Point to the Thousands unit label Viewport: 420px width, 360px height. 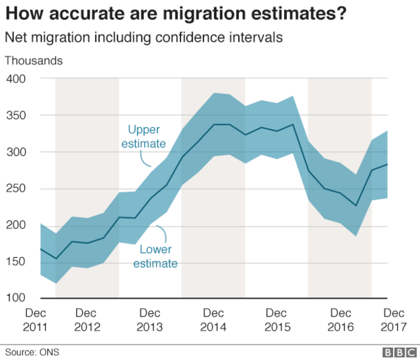(34, 61)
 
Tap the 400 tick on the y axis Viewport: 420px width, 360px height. (15, 79)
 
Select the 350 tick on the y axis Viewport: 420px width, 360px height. (15, 115)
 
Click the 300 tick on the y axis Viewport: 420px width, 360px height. (15, 152)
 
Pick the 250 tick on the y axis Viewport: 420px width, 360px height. (15, 188)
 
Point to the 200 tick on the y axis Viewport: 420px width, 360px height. (15, 225)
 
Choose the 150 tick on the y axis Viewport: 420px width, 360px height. (15, 261)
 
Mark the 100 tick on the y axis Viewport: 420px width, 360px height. (15, 297)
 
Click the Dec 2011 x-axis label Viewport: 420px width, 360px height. (36, 320)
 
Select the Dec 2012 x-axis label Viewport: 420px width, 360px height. (87, 320)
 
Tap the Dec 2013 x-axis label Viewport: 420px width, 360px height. (150, 320)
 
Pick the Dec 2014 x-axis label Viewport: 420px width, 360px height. (213, 320)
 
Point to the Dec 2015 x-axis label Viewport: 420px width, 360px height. (277, 320)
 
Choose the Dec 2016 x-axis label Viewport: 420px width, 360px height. (340, 320)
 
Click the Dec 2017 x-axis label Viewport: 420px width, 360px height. (394, 320)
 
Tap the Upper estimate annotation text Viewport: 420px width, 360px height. (144, 137)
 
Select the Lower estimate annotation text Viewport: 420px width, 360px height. (155, 256)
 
